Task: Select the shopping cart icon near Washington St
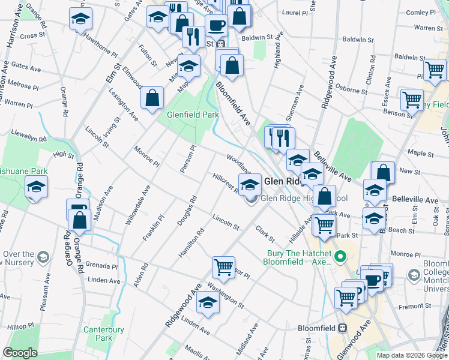(223, 266)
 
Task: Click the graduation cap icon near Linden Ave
(208, 303)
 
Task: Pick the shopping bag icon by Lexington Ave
(152, 98)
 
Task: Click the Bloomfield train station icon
(342, 328)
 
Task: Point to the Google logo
(20, 353)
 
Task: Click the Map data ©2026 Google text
(412, 355)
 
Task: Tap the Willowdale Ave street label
(137, 205)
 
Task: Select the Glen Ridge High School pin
(251, 199)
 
